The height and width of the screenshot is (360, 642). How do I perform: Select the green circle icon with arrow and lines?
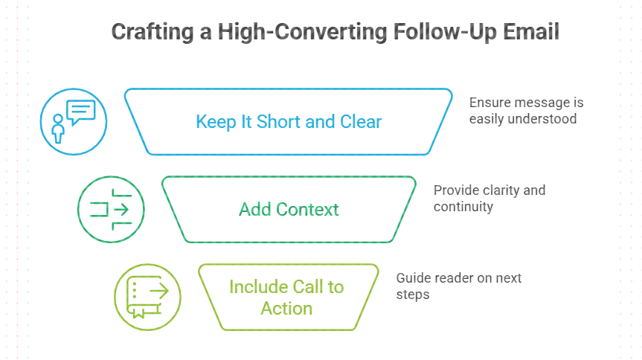[111, 209]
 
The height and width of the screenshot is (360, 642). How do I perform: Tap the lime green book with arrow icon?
[147, 296]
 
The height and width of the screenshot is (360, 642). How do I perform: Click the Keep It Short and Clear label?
[289, 121]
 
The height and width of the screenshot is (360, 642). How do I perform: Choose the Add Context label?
[289, 209]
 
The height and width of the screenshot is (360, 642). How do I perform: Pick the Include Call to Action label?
[286, 297]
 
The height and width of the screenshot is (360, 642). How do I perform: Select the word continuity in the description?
[463, 206]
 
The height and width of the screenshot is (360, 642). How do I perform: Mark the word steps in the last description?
[413, 294]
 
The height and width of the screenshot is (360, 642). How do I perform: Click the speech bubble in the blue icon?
[81, 112]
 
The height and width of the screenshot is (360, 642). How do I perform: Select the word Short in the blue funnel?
[278, 121]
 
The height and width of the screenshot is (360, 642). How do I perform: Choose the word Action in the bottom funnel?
[286, 307]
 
